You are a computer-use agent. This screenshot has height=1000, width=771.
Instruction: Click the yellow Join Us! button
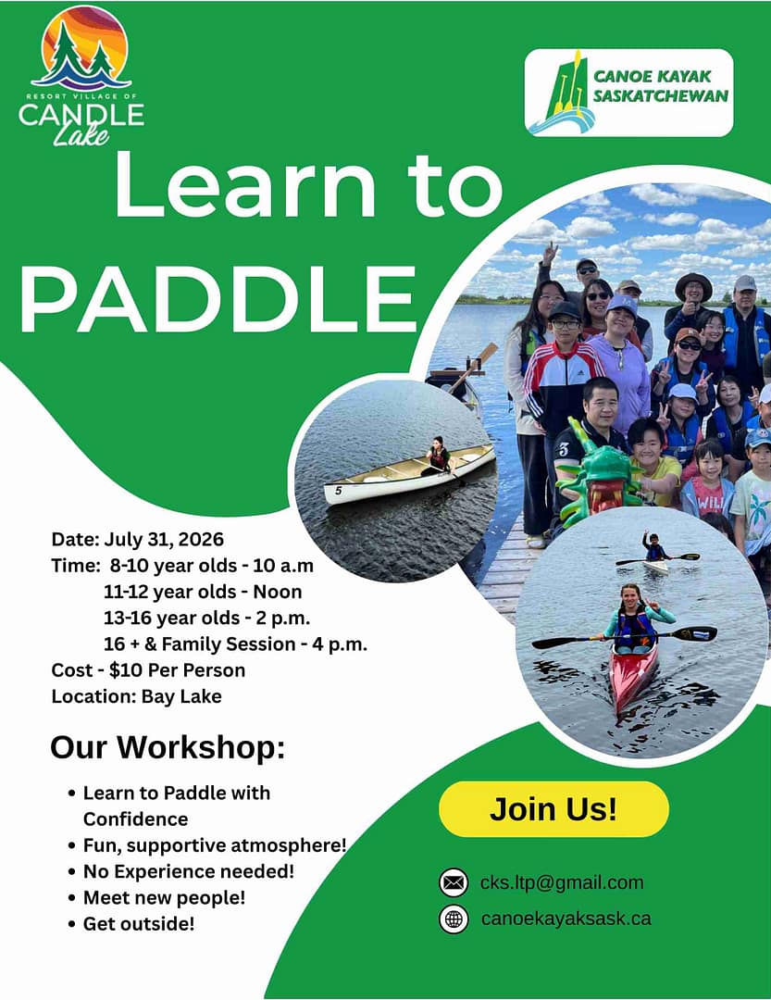pyautogui.click(x=553, y=808)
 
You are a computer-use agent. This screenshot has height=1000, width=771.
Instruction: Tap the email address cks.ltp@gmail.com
pyautogui.click(x=562, y=882)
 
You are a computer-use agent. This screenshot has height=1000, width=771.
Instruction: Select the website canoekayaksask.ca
pyautogui.click(x=566, y=919)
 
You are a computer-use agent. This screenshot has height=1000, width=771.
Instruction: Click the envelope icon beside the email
pyautogui.click(x=454, y=882)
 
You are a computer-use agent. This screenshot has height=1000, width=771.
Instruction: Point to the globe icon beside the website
pyautogui.click(x=454, y=919)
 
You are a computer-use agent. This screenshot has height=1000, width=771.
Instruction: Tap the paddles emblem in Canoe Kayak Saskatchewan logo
pyautogui.click(x=562, y=94)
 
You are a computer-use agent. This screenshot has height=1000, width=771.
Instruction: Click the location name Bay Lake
pyautogui.click(x=181, y=696)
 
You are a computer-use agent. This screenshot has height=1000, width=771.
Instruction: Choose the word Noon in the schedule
pyautogui.click(x=278, y=592)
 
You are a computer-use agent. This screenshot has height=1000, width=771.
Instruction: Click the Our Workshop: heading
pyautogui.click(x=168, y=747)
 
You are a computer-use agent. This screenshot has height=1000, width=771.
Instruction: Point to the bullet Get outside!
pyautogui.click(x=139, y=923)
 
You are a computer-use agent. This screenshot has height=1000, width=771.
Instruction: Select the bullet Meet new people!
pyautogui.click(x=164, y=897)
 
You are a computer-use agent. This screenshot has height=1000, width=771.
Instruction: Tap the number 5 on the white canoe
pyautogui.click(x=338, y=491)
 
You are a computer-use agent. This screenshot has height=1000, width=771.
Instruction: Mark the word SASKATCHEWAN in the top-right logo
pyautogui.click(x=660, y=95)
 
